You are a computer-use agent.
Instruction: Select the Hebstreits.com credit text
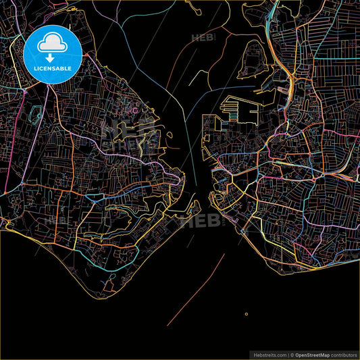pos(267,354)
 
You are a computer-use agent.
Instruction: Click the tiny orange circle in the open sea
pos(247,313)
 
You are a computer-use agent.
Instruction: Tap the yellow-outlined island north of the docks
pos(253,57)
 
